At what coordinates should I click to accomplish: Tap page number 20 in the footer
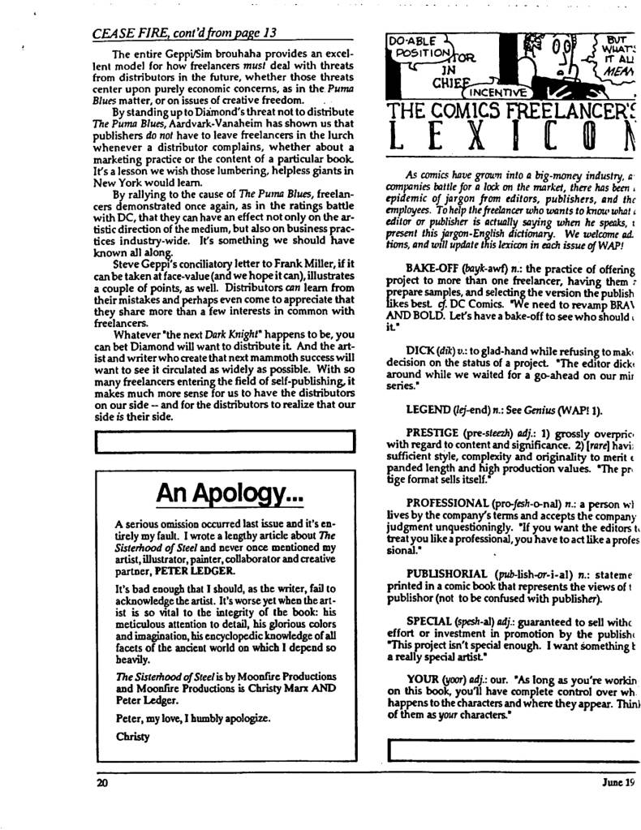tap(102, 784)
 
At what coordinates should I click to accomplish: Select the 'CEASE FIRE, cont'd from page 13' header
tap(183, 32)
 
